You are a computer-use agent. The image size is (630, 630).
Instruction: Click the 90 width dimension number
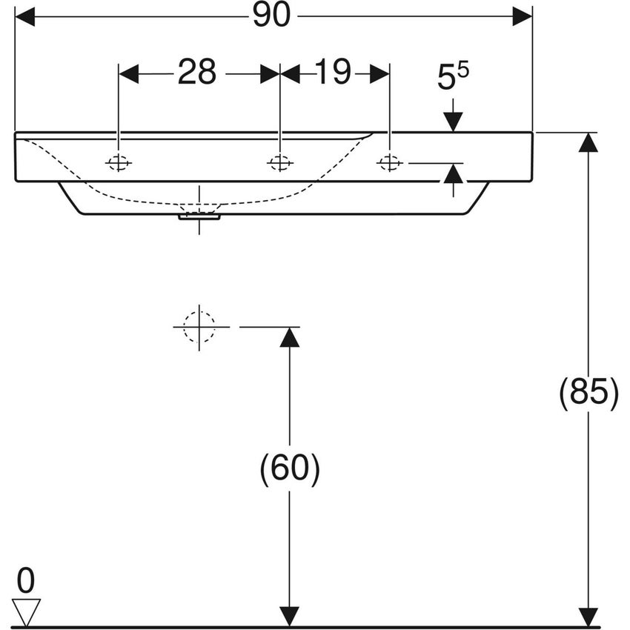point(271,16)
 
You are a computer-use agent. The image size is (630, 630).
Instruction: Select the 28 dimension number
point(196,73)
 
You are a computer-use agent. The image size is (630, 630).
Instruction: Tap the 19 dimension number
point(333,73)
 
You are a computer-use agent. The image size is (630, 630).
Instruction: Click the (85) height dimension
point(588,393)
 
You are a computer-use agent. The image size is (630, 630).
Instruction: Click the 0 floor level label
point(26,582)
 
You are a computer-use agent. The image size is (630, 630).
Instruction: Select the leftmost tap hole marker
point(119,162)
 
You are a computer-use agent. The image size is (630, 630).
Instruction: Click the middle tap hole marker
point(279,162)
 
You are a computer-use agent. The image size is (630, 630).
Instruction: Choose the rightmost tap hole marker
point(389,162)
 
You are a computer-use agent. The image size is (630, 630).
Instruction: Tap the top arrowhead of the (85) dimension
point(588,142)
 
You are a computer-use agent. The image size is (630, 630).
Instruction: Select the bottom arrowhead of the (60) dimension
point(290,616)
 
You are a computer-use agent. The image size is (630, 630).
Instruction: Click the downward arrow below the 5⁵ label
point(453,121)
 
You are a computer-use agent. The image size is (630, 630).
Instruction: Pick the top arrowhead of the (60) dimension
point(290,336)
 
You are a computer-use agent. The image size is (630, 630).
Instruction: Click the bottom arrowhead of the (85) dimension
point(588,616)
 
